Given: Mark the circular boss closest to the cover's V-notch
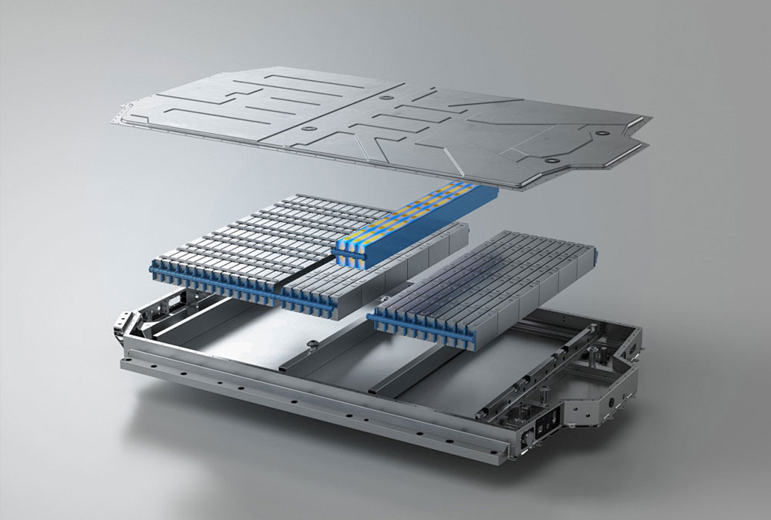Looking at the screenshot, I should [552, 160].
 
